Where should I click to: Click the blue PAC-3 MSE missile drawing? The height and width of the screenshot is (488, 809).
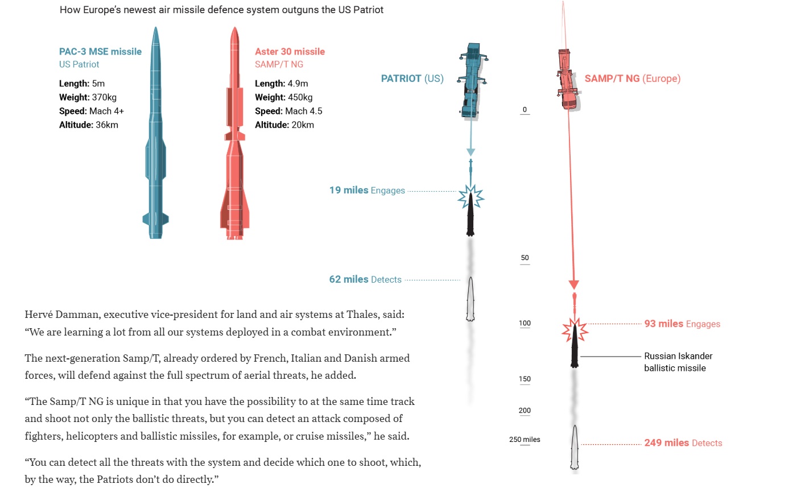pos(155,137)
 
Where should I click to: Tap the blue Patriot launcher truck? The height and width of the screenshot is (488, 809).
pos(472,80)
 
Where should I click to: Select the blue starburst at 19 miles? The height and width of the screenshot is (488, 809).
pos(471,197)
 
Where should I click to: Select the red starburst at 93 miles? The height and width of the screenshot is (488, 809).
pos(575,329)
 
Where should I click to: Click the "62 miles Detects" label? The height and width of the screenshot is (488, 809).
pos(365,279)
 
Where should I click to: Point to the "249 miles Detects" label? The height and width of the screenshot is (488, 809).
pos(683,442)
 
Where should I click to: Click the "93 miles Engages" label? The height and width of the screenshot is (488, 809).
pos(682,324)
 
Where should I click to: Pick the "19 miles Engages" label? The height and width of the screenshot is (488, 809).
pos(367,190)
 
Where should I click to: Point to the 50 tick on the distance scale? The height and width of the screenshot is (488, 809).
pos(525,258)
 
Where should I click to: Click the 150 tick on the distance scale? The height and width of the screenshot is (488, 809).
pos(525,379)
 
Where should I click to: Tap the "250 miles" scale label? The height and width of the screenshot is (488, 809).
pos(525,440)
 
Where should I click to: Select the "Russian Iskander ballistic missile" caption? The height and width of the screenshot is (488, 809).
pos(678,362)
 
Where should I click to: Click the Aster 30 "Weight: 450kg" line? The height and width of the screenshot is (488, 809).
pos(283,97)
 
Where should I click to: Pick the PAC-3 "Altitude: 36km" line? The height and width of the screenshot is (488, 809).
pos(89,125)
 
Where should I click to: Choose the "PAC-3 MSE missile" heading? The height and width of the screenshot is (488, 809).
pos(100,51)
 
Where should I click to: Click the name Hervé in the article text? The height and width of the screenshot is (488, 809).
pos(39,315)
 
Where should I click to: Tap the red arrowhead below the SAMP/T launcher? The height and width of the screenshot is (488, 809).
pos(574,284)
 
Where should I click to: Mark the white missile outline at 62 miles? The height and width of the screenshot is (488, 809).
pos(470,299)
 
